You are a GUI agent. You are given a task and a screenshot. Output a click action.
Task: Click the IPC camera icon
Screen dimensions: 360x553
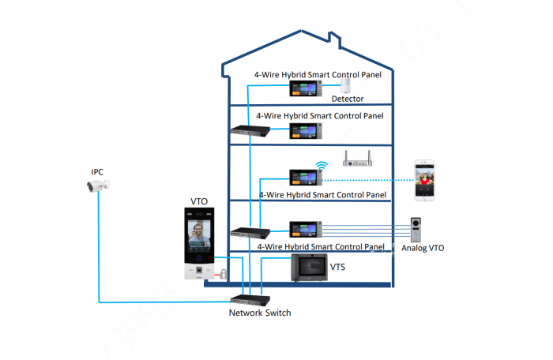[99, 186]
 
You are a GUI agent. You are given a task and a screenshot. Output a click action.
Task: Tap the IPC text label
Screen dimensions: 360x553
[97, 171]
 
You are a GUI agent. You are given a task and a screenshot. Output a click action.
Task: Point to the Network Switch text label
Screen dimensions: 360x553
[260, 313]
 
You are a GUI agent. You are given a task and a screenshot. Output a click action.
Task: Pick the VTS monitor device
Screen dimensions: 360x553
[311, 267]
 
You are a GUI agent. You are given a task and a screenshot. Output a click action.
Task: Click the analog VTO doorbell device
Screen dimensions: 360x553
[419, 231]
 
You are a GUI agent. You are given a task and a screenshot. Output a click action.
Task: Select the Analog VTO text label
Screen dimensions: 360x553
[423, 249]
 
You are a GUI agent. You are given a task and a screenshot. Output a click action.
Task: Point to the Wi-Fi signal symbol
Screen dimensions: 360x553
[322, 166]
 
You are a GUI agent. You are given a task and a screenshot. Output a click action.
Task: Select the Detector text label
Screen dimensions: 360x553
[348, 99]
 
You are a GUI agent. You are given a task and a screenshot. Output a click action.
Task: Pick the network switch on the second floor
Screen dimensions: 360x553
[250, 129]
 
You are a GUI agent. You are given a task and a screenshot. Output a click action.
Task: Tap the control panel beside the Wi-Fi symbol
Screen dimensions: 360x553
[303, 177]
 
